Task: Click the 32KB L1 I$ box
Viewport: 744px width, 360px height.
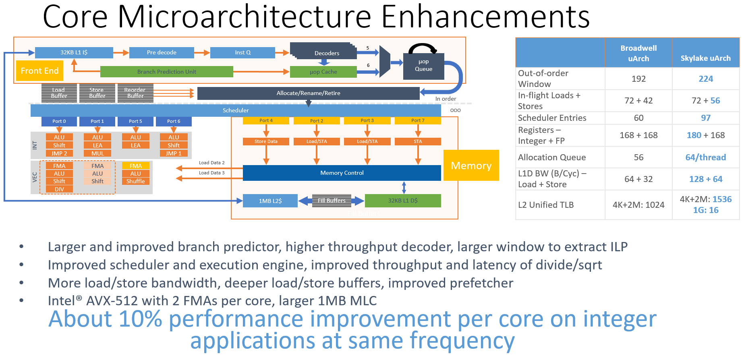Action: (74, 52)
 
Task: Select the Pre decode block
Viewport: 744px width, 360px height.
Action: (162, 52)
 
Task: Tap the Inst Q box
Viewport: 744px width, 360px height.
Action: (242, 52)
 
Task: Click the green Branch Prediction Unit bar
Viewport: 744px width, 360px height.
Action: (166, 72)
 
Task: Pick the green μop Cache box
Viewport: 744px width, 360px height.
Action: (323, 72)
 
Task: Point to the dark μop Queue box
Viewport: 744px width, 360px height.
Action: (423, 66)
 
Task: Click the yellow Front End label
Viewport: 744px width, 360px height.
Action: (39, 71)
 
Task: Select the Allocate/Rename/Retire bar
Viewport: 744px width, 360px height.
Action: (308, 93)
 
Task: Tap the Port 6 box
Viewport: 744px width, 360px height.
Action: (174, 121)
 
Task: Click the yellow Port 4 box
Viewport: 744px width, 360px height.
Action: (266, 120)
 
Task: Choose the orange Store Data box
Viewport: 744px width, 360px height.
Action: (266, 141)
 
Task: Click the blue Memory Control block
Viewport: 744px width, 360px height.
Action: (342, 173)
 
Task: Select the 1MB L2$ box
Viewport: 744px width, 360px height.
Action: (270, 201)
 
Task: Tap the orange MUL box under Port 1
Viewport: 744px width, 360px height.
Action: (97, 153)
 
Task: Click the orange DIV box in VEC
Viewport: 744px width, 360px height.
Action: (59, 189)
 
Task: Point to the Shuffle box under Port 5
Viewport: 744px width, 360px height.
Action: (135, 181)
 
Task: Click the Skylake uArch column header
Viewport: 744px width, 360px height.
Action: (705, 58)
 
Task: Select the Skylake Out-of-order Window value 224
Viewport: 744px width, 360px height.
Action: (705, 79)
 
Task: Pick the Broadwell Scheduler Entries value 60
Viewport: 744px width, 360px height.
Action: (638, 118)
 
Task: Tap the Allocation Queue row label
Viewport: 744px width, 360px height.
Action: (551, 157)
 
